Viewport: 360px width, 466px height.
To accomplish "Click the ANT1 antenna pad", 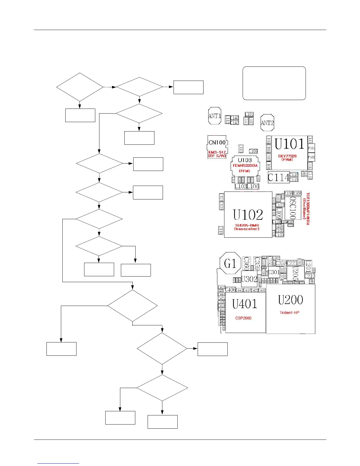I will tap(214, 116).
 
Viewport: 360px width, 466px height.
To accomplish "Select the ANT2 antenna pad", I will tap(267, 123).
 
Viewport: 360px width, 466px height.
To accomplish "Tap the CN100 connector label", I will tap(217, 142).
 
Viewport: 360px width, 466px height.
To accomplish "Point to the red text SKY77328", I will tap(287, 156).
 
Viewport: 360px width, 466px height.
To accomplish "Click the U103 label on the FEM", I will tap(245, 160).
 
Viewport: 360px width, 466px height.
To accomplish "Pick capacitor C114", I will tap(278, 177).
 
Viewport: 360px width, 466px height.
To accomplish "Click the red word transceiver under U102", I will tap(247, 229).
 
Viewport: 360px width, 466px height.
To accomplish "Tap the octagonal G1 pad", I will tap(230, 263).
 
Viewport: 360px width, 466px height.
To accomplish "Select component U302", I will tap(249, 279).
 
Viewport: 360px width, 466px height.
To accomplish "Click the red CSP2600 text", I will tap(243, 318).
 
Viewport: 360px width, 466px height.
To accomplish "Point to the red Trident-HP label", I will tap(289, 312).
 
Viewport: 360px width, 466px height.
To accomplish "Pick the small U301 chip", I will tap(274, 272).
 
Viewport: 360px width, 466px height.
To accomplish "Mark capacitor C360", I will tap(246, 263).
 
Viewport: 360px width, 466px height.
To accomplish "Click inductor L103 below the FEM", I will tap(241, 186).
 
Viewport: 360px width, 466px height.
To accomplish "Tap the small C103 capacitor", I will tap(253, 151).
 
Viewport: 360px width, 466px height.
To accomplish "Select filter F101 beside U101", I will tap(311, 148).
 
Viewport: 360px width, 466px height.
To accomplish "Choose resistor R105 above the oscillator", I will tap(288, 193).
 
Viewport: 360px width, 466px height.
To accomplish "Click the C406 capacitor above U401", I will tap(230, 290).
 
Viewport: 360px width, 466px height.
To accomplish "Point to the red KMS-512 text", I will tap(217, 152).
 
